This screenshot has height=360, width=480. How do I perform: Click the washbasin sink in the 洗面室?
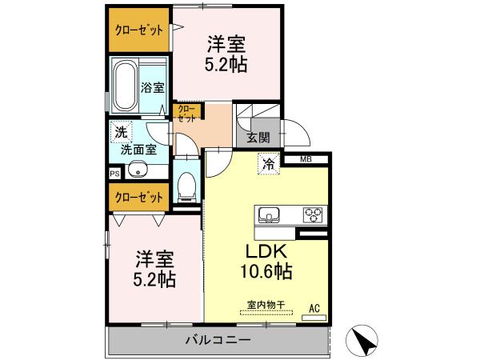click(x=137, y=170)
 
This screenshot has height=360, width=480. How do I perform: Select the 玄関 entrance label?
click(x=258, y=137)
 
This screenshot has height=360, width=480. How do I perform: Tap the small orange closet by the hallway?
click(x=184, y=112)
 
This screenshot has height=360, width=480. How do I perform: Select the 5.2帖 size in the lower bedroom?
click(x=154, y=280)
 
